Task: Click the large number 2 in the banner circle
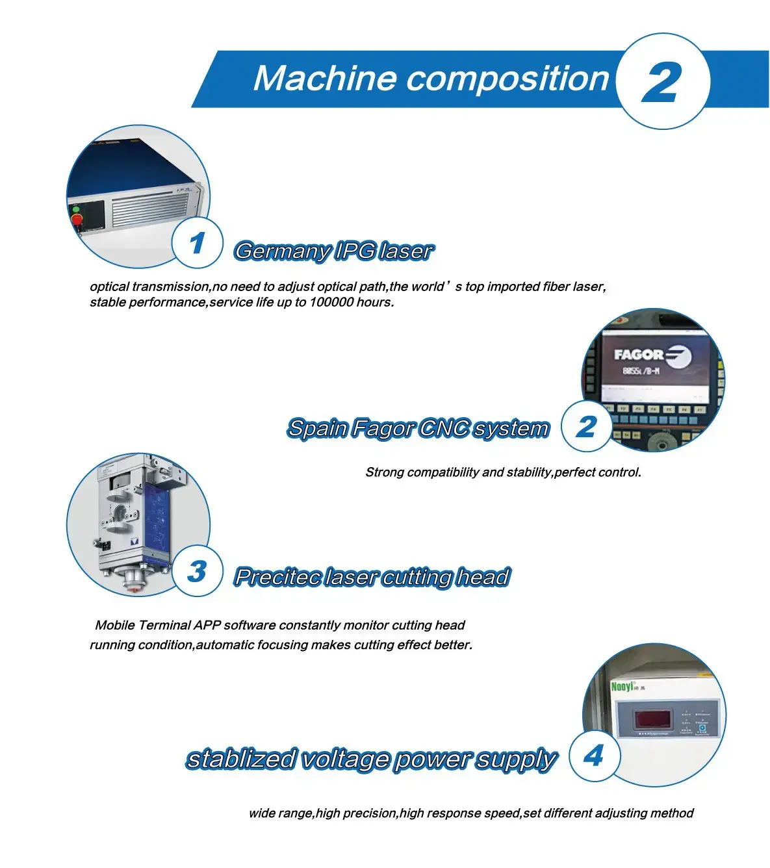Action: [x=661, y=81]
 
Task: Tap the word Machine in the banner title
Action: [x=324, y=78]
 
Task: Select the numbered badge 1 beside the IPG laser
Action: [x=197, y=242]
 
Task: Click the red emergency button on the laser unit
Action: [x=77, y=220]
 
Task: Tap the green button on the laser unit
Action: [x=76, y=209]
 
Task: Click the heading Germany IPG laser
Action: [x=334, y=251]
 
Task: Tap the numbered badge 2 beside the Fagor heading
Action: [x=586, y=426]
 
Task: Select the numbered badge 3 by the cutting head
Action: [x=197, y=571]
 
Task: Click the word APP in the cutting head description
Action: [x=207, y=625]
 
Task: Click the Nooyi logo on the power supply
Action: [x=622, y=687]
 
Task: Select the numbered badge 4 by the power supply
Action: [x=595, y=756]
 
